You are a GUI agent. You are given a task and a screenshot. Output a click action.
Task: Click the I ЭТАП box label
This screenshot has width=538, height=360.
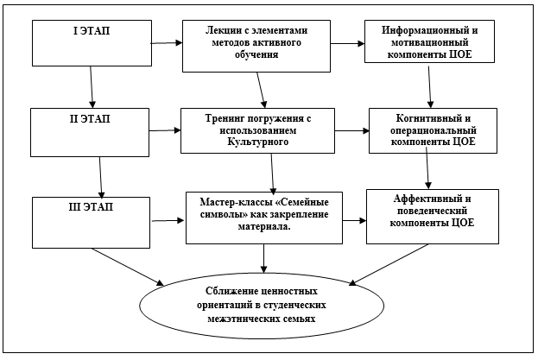point(92,31)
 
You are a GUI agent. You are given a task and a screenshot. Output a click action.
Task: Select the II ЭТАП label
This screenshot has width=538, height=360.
point(90,119)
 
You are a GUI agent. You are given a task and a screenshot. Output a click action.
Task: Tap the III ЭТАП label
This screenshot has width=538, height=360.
point(91,207)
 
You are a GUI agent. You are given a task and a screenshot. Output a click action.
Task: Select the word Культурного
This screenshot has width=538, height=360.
point(257,142)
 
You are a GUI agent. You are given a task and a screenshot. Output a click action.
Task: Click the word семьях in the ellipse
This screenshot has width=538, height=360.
point(299,319)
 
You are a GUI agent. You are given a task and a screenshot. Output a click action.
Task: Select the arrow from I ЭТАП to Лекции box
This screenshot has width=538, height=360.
point(167,43)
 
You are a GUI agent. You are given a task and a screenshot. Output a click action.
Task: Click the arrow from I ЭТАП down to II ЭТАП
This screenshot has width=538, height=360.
point(92,87)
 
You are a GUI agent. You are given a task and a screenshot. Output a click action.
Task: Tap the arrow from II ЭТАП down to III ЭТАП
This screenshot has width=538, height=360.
point(100,177)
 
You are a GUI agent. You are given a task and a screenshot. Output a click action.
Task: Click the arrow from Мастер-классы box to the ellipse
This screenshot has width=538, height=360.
point(263,258)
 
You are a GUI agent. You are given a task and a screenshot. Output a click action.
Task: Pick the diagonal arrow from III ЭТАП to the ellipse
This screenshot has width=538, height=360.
point(128,267)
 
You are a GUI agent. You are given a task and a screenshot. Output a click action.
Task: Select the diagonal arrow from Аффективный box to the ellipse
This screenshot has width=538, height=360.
point(389,264)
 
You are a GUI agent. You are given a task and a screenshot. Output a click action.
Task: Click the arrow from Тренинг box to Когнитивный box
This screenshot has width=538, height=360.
point(352,130)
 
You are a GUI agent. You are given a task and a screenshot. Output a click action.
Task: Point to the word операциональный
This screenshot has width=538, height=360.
point(434,130)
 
